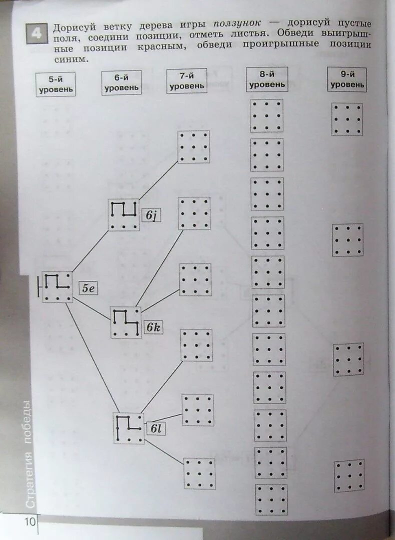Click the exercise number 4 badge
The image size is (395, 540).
37,33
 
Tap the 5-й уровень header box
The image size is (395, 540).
56,84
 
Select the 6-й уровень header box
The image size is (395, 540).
121,82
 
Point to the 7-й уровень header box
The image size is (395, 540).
187,80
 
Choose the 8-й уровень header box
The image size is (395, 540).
267,79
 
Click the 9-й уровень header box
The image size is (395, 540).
347,79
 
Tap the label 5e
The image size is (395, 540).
89,288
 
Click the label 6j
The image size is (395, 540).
151,215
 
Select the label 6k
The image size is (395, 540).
153,327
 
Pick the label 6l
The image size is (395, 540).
155,428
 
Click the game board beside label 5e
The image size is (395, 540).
57,287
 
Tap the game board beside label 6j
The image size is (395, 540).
124,215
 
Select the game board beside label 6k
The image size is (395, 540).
126,322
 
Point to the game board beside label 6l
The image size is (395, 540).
129,428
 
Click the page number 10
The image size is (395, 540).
30,522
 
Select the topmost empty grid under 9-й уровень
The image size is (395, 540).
347,119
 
